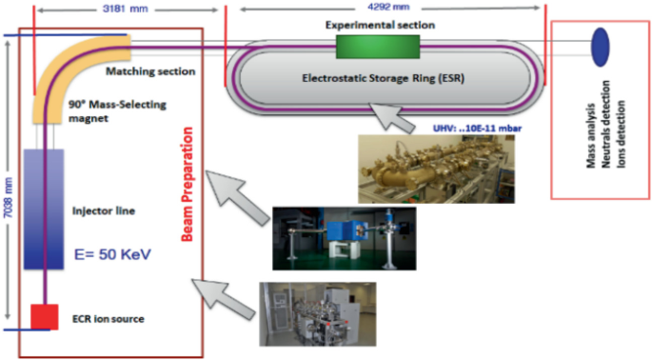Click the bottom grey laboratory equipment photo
click(x=316, y=311)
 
